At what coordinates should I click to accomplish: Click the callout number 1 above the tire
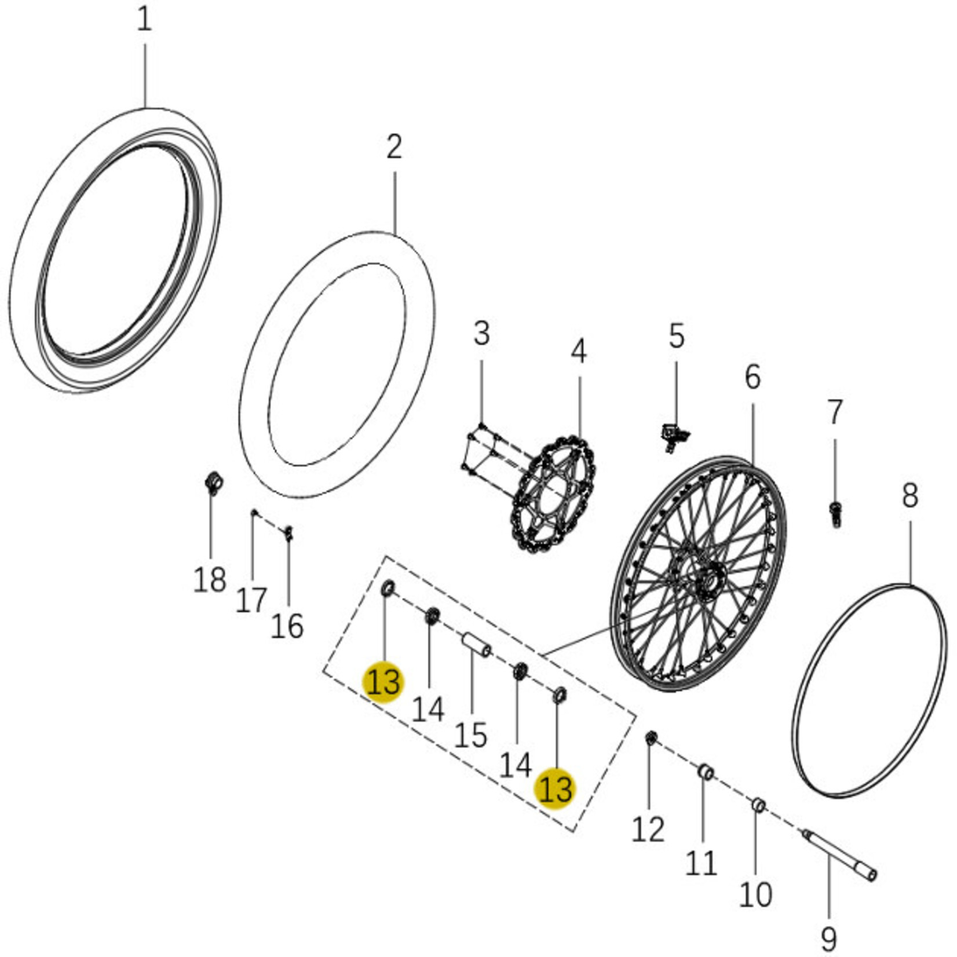pos(144,20)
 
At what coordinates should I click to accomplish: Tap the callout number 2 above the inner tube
pos(394,147)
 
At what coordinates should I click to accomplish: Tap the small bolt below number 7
pos(835,513)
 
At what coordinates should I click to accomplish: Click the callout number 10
pos(755,894)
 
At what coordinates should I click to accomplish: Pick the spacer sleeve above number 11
pos(705,772)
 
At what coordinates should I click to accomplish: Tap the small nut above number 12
pos(651,738)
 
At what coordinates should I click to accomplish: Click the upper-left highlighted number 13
pos(383,682)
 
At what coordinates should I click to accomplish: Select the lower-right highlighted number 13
pos(556,789)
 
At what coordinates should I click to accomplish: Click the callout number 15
pos(470,736)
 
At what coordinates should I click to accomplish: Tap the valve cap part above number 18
pos(215,483)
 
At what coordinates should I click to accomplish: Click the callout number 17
pos(251,600)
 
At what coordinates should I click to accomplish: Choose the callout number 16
pos(287,626)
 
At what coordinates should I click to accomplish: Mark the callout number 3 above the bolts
pos(481,334)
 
